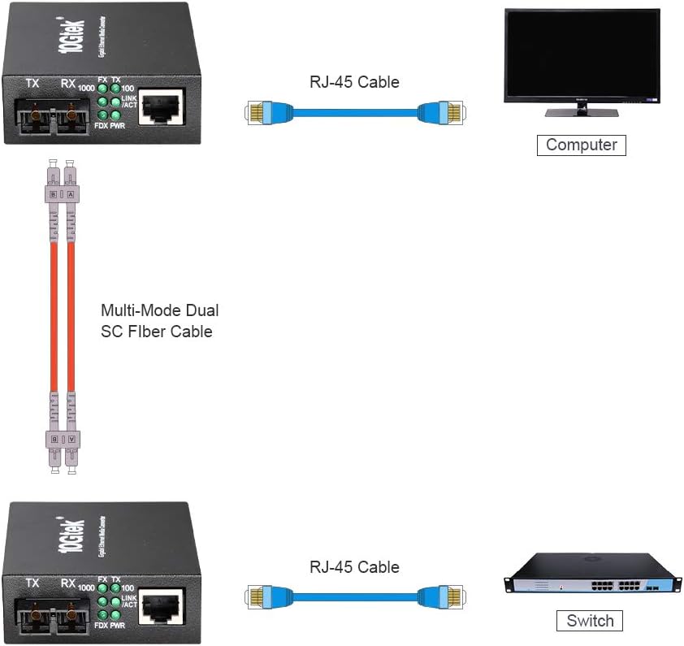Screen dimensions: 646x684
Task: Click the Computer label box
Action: [582, 145]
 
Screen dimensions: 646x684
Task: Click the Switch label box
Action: [590, 621]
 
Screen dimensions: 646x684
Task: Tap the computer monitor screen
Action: [581, 54]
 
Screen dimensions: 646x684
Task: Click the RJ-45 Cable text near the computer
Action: [354, 81]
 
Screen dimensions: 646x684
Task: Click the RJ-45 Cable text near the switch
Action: [354, 566]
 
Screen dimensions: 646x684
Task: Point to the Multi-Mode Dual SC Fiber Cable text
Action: [159, 320]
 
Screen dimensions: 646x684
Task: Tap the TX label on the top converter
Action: [32, 83]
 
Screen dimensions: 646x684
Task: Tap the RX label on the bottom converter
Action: [68, 583]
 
